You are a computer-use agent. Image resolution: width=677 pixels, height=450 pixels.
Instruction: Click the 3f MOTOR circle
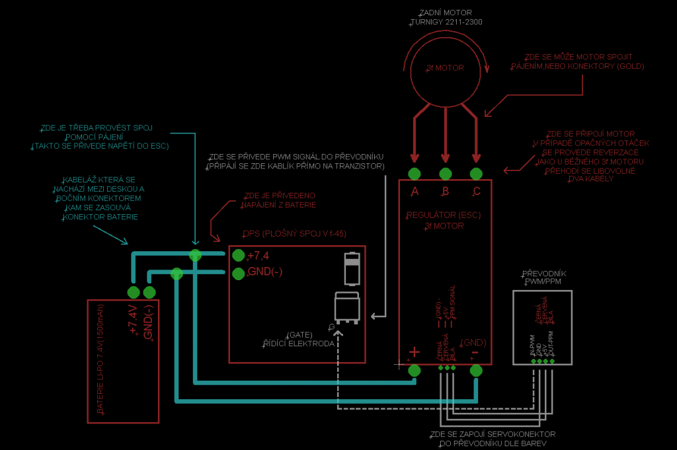[x=445, y=68]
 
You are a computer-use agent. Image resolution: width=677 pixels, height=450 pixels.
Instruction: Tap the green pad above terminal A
[x=415, y=174]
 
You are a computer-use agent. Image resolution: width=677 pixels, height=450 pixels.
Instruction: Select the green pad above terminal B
[x=445, y=174]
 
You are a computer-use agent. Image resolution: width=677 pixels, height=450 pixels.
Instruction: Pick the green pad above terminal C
[x=475, y=174]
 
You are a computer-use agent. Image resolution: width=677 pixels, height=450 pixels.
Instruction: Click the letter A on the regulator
[x=415, y=192]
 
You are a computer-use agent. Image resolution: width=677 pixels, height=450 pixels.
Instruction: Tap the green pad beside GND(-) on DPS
[x=239, y=273]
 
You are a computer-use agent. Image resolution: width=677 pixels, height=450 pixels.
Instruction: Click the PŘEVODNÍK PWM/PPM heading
[x=543, y=278]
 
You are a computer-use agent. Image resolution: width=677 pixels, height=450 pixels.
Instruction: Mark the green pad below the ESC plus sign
[x=415, y=371]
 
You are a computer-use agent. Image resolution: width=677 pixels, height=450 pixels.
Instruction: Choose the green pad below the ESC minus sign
[x=475, y=371]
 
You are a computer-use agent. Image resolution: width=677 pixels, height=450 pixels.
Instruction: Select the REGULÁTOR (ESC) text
[x=444, y=215]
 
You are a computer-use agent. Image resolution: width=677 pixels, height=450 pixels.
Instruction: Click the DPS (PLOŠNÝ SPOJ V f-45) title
[x=295, y=234]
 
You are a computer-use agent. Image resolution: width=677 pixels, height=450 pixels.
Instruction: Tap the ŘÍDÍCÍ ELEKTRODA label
[x=299, y=344]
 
